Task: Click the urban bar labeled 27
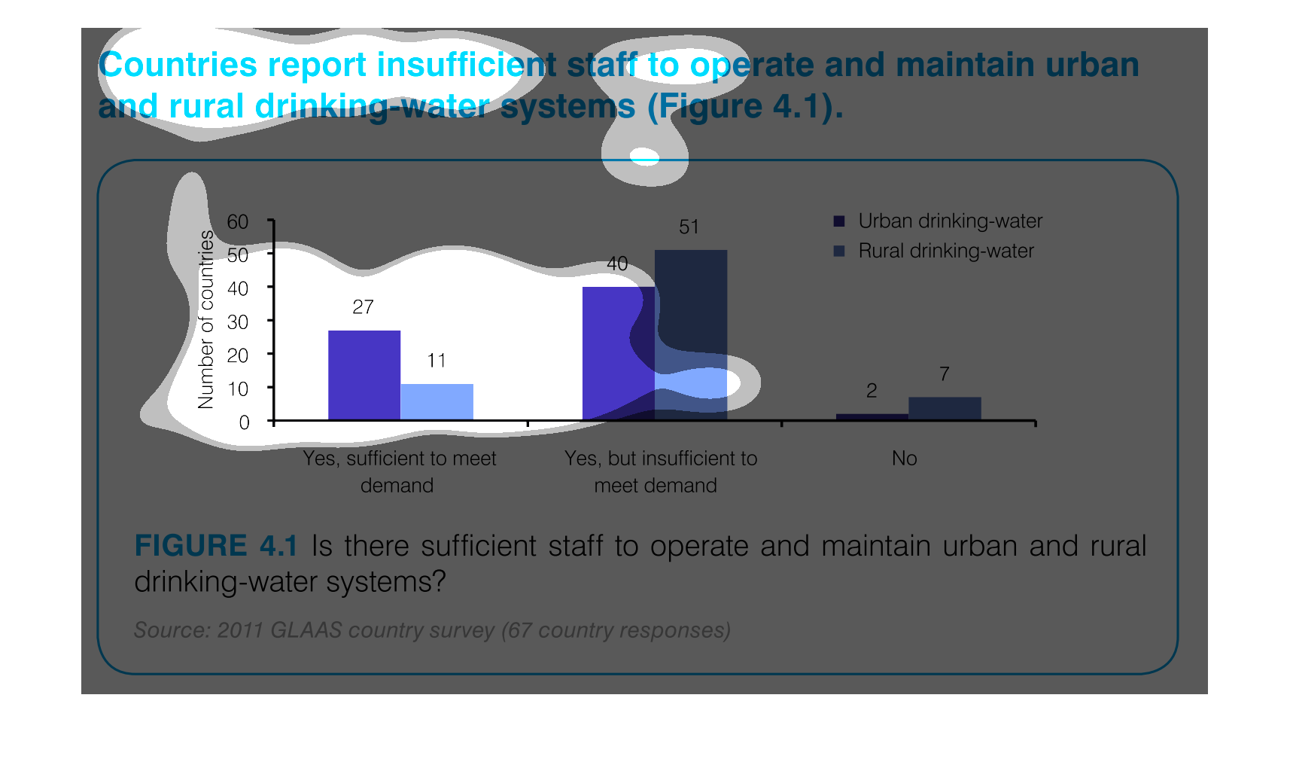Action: pos(364,375)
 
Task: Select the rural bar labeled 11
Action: pos(437,402)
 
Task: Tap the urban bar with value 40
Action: pos(619,353)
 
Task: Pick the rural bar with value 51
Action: pos(691,334)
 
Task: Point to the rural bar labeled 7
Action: pos(945,408)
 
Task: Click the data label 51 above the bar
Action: pos(689,227)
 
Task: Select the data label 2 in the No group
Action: pos(872,391)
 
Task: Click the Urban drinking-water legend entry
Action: pos(939,221)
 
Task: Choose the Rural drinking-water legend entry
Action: pos(934,251)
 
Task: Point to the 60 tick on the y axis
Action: pos(237,222)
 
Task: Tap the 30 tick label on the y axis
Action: pos(237,322)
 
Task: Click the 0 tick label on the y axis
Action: pos(244,423)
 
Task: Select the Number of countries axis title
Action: pos(205,320)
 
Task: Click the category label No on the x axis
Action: pos(904,459)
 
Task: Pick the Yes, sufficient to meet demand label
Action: pos(399,472)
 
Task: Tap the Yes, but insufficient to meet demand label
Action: pos(660,472)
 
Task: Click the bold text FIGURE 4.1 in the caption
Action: pos(216,546)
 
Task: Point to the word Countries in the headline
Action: pos(178,65)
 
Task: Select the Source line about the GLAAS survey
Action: pos(433,630)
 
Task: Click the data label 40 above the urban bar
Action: pos(617,264)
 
